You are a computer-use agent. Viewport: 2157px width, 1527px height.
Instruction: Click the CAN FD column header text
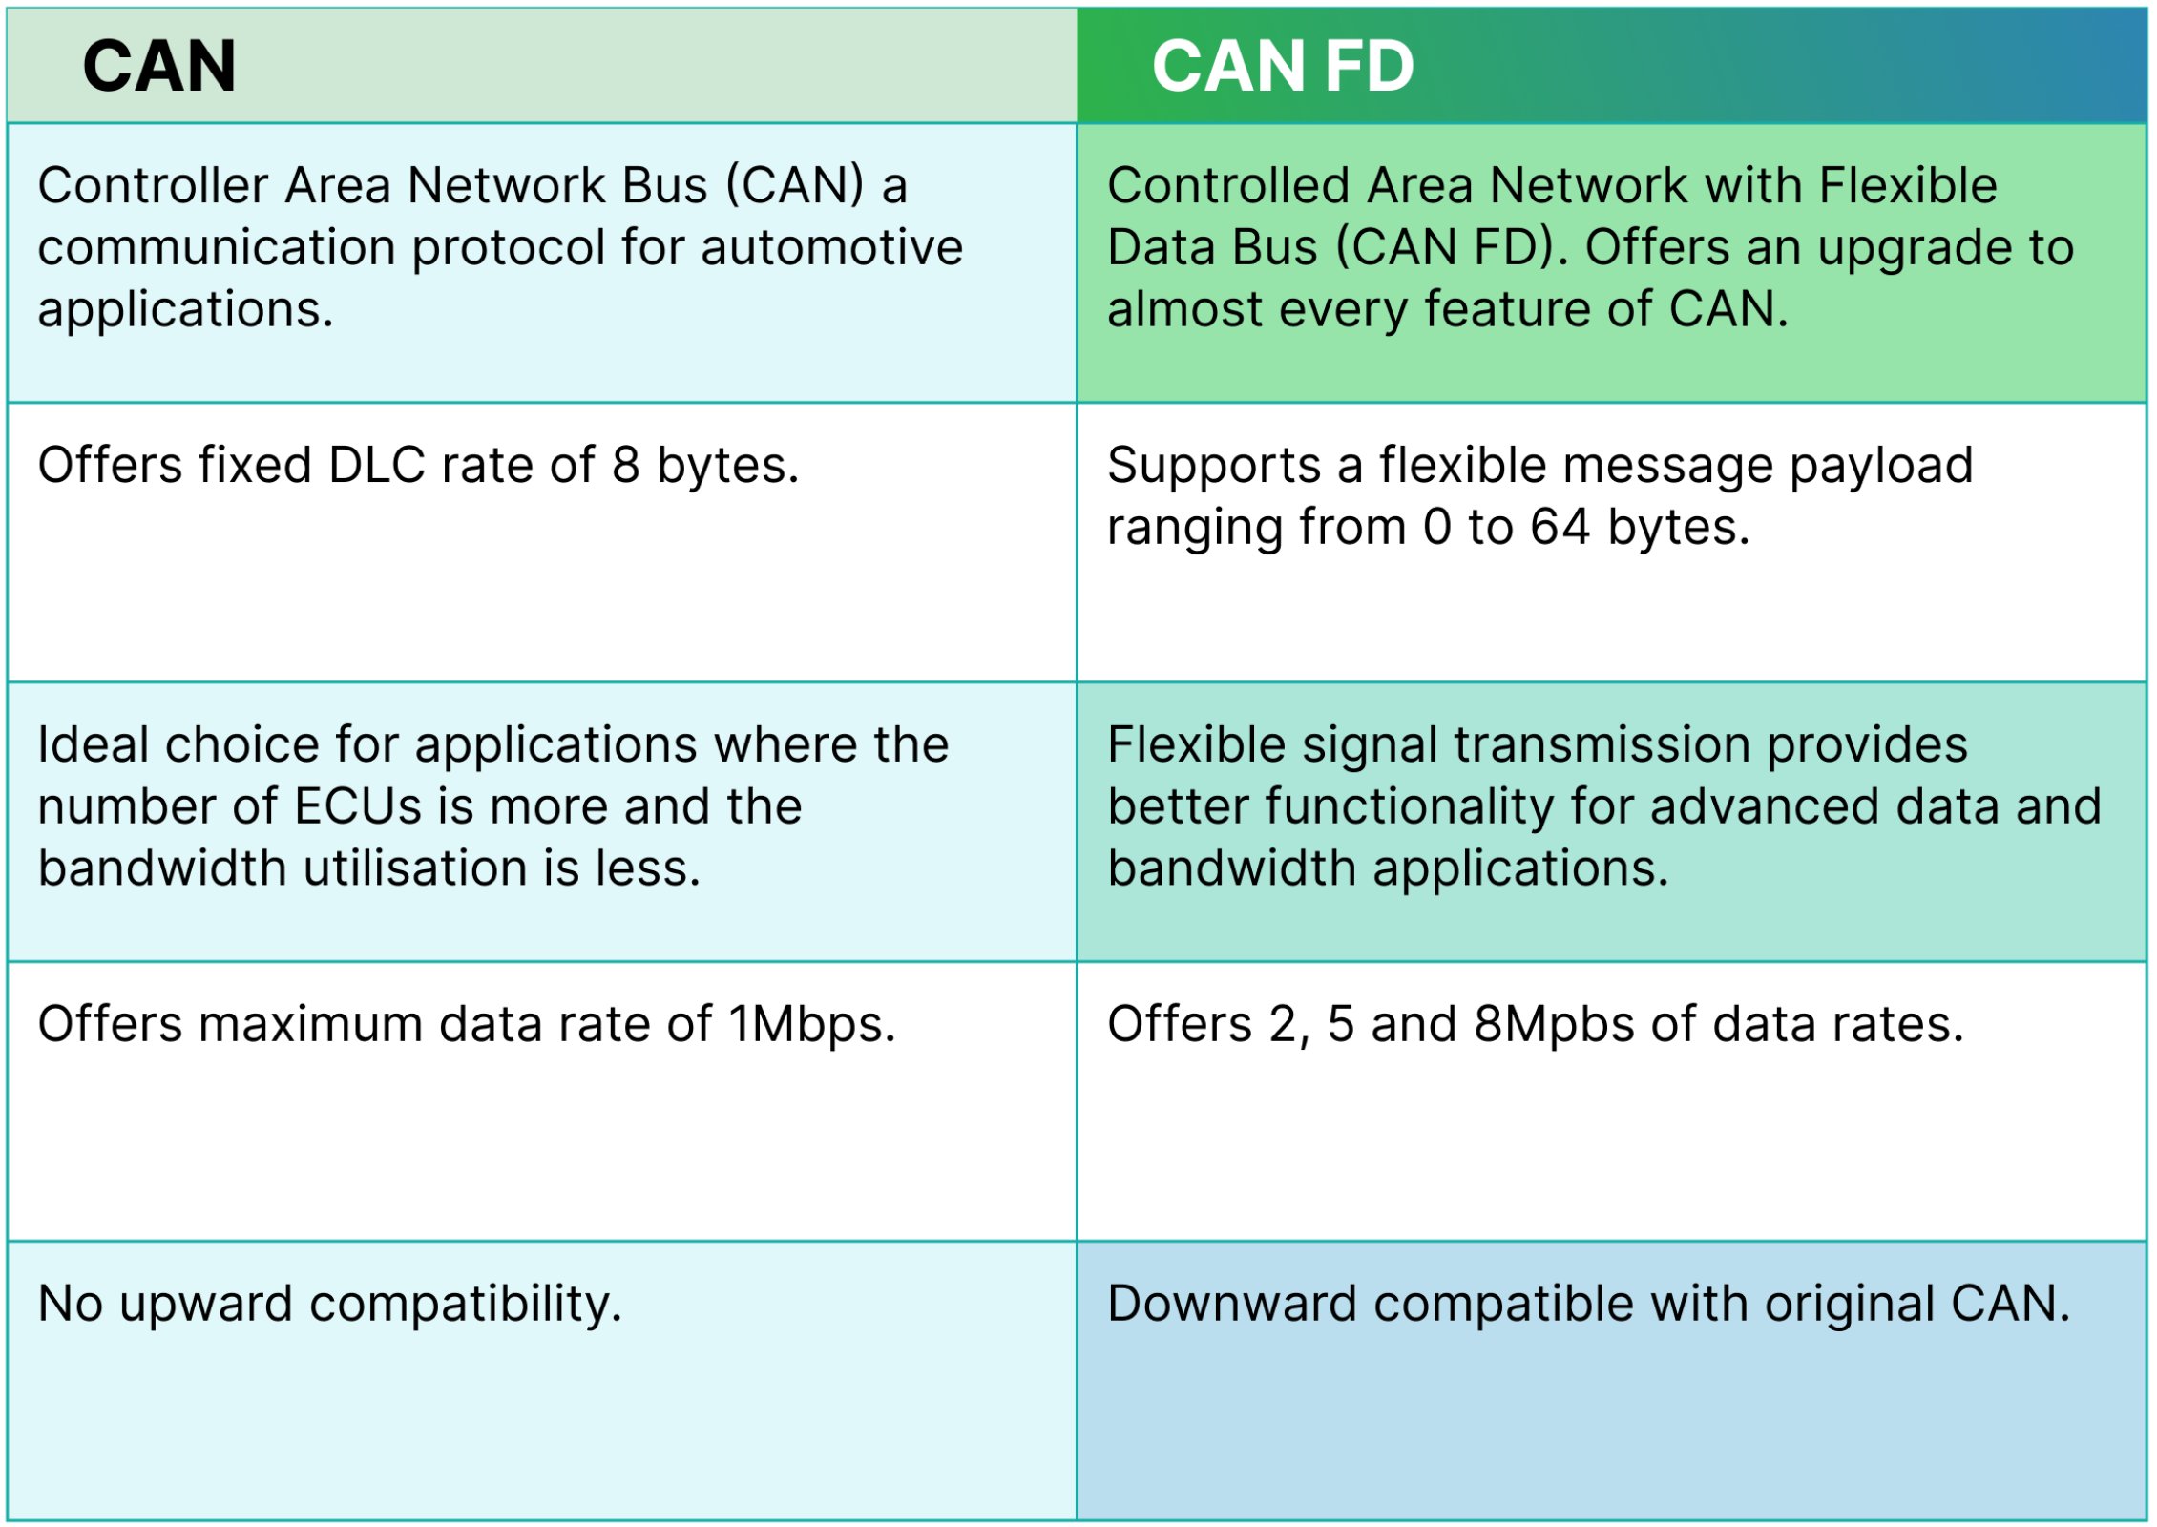(x=1282, y=67)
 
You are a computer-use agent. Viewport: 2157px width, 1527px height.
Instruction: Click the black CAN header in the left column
(x=159, y=67)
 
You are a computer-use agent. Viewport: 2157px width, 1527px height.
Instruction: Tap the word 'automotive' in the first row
(x=831, y=247)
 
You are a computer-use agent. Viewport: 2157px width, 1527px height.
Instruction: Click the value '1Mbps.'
(x=813, y=1025)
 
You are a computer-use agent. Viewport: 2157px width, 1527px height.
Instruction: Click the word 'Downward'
(x=1232, y=1304)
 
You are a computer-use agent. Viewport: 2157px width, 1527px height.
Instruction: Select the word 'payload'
(x=1880, y=466)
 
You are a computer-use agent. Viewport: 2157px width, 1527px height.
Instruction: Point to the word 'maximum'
(x=311, y=1025)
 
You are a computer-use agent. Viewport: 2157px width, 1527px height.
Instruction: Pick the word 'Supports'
(x=1214, y=466)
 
